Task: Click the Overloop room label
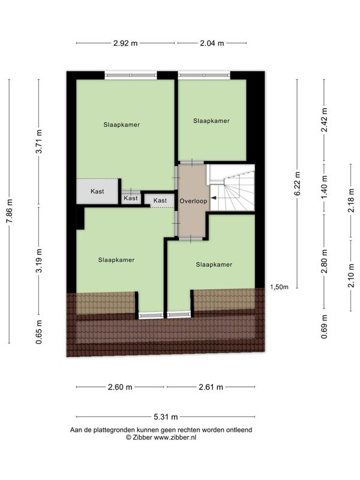point(193,201)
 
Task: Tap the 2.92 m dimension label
point(125,43)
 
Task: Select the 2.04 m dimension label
point(212,43)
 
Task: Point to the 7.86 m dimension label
point(10,211)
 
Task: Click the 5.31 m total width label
point(166,416)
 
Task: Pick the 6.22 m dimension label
point(297,184)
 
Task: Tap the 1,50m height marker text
point(279,287)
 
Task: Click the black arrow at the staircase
point(214,198)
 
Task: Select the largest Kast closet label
point(97,191)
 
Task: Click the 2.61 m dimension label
point(211,387)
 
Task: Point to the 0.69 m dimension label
point(325,326)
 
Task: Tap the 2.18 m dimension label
point(351,200)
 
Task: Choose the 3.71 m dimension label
point(39,142)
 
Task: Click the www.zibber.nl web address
point(175,437)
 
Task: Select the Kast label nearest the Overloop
point(160,200)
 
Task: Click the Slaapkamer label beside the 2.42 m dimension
point(211,121)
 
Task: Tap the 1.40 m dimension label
point(325,187)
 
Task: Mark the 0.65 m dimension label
point(39,332)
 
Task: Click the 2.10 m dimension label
point(351,275)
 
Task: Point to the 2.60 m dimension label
point(120,387)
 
